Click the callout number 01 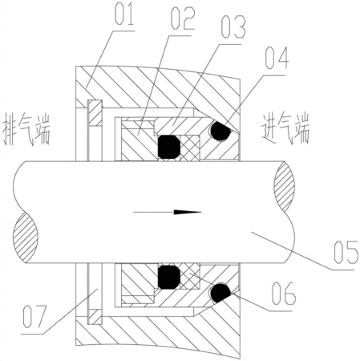[x=124, y=15]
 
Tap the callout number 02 [x=183, y=18]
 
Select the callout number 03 [x=233, y=26]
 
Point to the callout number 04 [x=277, y=58]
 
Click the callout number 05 [x=346, y=252]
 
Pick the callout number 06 [x=284, y=294]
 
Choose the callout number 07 [x=34, y=317]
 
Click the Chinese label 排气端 [x=26, y=129]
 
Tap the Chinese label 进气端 [x=285, y=129]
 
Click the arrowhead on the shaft [x=188, y=212]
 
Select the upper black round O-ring [x=220, y=131]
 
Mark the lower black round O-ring [x=220, y=293]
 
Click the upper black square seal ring [x=168, y=147]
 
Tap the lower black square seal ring [x=168, y=278]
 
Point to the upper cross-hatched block [x=190, y=148]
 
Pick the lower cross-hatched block [x=190, y=276]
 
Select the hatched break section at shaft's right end [x=285, y=186]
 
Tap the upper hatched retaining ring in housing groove [x=95, y=113]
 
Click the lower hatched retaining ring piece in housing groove [x=95, y=317]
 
